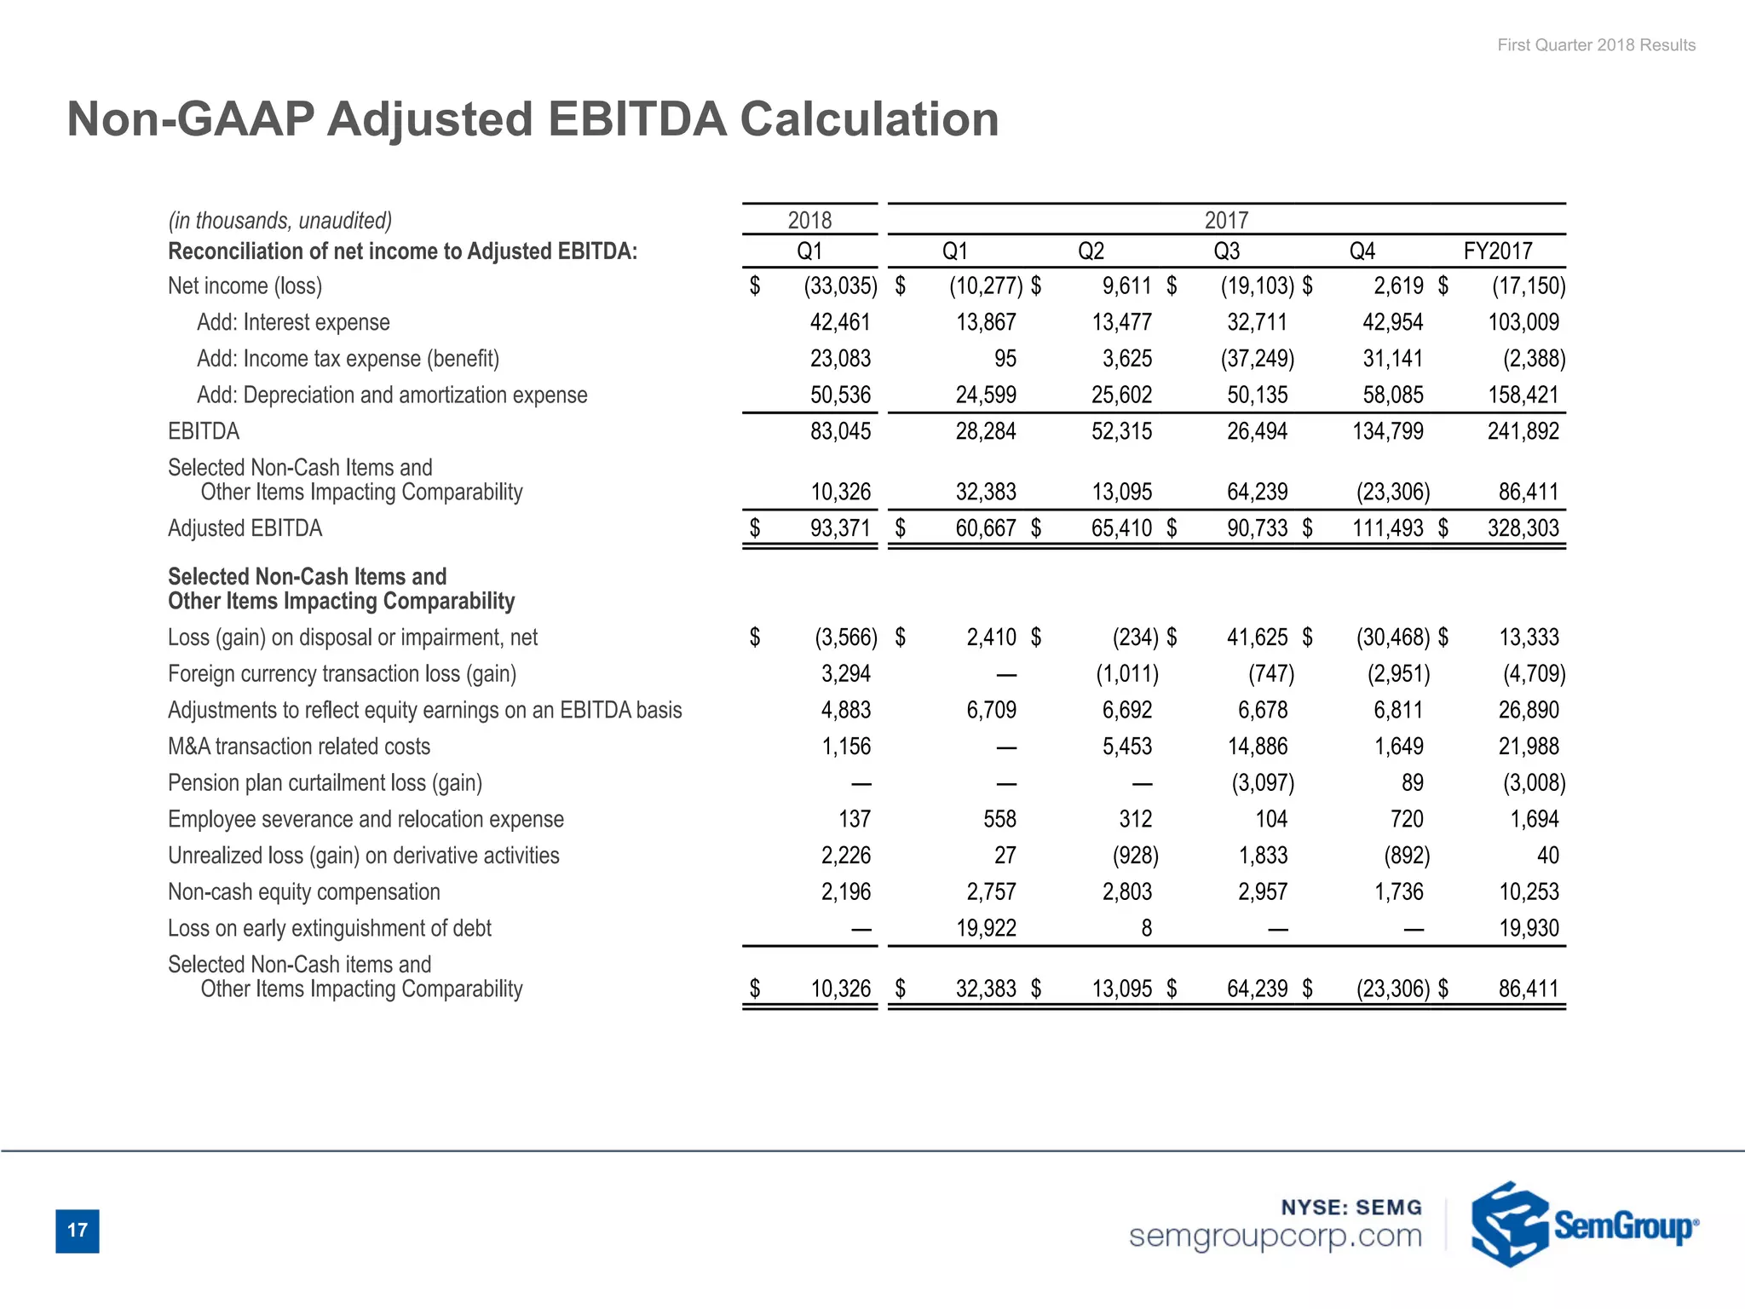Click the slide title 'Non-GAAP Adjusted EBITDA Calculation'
point(533,118)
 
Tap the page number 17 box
point(78,1230)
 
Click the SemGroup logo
point(1583,1225)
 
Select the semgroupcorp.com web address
point(1275,1235)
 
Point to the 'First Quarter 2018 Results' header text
point(1596,45)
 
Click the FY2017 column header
point(1497,251)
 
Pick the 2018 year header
point(809,221)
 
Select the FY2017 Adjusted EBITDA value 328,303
point(1523,528)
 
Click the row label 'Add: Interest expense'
point(293,322)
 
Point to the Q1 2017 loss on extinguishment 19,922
point(986,928)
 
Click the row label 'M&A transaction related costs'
point(299,747)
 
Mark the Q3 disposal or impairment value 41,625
point(1257,637)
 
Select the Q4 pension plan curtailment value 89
point(1412,783)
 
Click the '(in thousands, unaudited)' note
point(279,221)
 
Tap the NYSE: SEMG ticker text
point(1351,1207)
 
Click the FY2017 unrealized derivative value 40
point(1547,856)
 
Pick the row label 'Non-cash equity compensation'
point(304,892)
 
